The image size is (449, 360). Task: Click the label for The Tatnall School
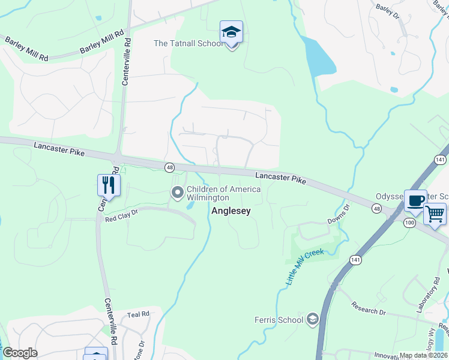[188, 43]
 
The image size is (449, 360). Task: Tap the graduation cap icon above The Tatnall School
[231, 32]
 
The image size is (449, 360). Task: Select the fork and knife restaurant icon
[109, 184]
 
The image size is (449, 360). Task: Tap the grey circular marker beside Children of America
[177, 193]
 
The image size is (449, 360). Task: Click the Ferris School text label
[279, 320]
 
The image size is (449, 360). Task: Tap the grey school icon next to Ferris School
[312, 319]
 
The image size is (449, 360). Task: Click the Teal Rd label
[137, 314]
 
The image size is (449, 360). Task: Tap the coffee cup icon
[415, 201]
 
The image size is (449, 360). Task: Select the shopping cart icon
[435, 214]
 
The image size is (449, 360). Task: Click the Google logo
[20, 353]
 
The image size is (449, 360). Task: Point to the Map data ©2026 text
[424, 355]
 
